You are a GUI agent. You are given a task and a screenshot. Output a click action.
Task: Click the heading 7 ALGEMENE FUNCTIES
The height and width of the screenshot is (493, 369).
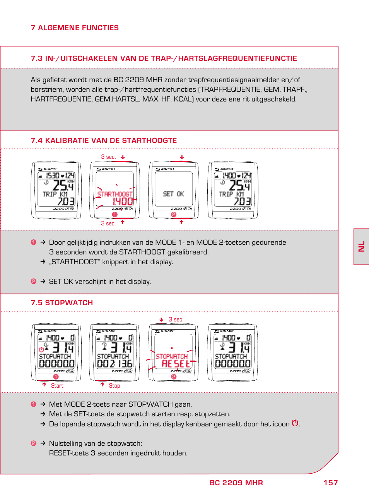(x=75, y=28)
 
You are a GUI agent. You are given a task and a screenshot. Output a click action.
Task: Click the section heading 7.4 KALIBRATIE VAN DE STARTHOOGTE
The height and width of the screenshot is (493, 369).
(x=104, y=141)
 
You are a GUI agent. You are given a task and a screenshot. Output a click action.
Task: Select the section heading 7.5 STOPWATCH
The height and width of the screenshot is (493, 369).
(x=62, y=303)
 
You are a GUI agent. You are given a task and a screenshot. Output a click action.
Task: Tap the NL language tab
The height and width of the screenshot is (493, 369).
(x=362, y=247)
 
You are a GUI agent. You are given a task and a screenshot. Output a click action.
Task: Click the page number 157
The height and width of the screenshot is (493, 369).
(x=331, y=483)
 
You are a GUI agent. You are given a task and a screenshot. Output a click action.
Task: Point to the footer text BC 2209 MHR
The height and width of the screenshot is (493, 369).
(x=236, y=483)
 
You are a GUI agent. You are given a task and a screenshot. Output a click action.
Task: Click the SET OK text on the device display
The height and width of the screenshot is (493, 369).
(x=173, y=194)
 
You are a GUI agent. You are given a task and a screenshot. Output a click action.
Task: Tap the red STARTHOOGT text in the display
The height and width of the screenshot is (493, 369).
(x=115, y=194)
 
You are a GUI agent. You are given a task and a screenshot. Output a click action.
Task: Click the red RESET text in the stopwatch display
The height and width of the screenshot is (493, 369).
(x=176, y=364)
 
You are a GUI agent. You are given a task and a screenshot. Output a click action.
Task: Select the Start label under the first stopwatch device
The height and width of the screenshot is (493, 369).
(x=57, y=386)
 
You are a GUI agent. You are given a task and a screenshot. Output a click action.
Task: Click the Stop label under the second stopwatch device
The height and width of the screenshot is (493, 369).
(x=114, y=386)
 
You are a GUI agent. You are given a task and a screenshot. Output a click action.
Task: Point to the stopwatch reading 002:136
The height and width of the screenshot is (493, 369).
(x=114, y=364)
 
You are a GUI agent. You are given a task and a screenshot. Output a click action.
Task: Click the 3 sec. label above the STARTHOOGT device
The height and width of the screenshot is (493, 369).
(x=108, y=157)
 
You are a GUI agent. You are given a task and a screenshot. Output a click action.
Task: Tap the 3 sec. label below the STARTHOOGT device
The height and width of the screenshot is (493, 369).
(x=108, y=223)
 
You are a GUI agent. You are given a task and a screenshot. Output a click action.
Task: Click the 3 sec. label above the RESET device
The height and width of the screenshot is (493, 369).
(x=176, y=320)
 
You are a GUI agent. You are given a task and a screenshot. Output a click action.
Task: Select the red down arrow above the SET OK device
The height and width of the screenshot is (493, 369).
(x=182, y=157)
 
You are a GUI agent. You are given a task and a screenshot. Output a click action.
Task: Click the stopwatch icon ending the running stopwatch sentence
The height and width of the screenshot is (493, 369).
(x=295, y=423)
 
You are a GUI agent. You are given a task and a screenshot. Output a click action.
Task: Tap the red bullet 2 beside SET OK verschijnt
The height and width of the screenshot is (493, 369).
(x=33, y=282)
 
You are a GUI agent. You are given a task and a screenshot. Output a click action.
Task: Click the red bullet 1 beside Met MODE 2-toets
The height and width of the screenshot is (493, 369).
(x=33, y=404)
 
